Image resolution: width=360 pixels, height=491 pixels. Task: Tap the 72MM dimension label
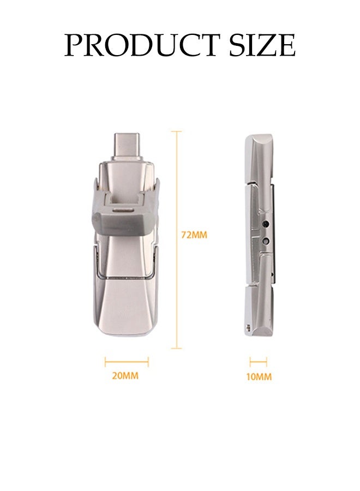tap(194, 236)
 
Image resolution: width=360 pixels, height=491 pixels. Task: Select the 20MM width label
tap(125, 376)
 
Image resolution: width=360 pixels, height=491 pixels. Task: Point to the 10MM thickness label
tap(258, 376)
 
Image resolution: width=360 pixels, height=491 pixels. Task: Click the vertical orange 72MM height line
tap(176, 240)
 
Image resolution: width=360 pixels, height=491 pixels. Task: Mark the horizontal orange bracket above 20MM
tap(127, 361)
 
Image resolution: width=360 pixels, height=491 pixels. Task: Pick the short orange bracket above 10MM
tap(258, 361)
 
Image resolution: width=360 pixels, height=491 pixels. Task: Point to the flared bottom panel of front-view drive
tap(126, 306)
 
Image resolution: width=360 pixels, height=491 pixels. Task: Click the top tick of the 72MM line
tap(176, 131)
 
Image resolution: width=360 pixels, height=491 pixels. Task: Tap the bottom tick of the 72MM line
tap(176, 348)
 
